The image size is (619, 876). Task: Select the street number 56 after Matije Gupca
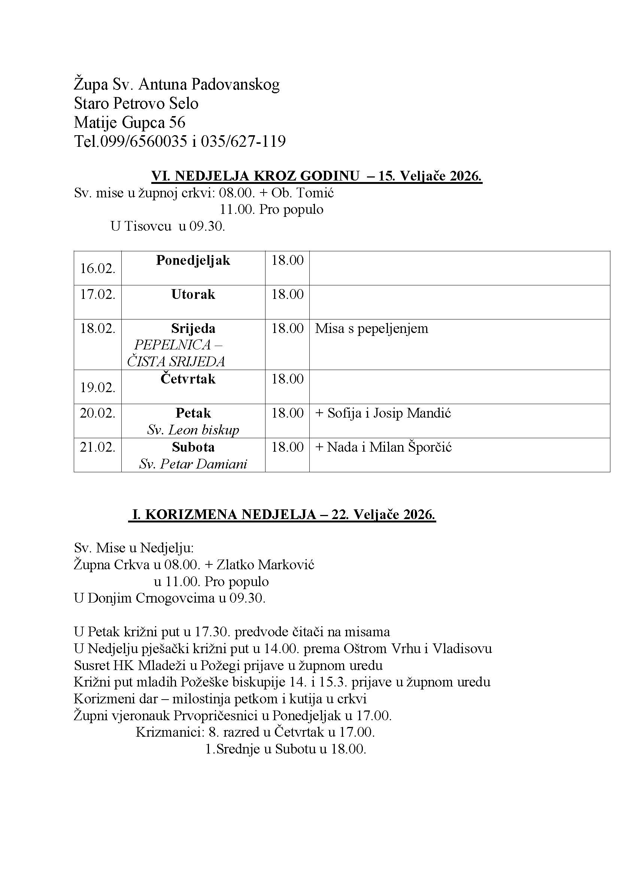pos(177,122)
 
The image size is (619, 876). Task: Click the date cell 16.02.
pos(97,269)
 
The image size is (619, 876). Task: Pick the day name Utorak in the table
pos(193,294)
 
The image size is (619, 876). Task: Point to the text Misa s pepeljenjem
pos(371,328)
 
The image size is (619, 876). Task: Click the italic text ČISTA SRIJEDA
pos(176,361)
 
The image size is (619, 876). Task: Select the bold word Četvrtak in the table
pos(188,379)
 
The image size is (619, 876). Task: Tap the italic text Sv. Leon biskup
pos(193,430)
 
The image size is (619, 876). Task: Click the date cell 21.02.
pos(97,447)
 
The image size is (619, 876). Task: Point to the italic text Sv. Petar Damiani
pos(193,464)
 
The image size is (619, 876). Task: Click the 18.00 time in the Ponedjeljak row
pos(287,261)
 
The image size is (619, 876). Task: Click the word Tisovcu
pos(148,226)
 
